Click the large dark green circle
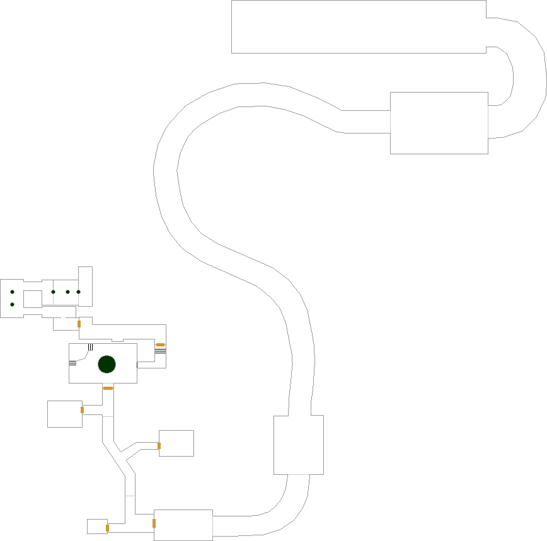(x=107, y=364)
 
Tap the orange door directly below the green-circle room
(x=108, y=388)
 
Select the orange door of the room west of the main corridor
(x=82, y=410)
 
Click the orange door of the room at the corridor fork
(x=159, y=446)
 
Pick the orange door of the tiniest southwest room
(x=107, y=528)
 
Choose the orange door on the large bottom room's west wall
(x=154, y=523)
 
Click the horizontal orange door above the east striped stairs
(x=160, y=345)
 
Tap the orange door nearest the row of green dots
(x=79, y=324)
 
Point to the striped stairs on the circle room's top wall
(x=91, y=347)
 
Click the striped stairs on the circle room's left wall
(x=72, y=363)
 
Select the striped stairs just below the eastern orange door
(x=160, y=351)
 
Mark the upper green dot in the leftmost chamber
(x=12, y=292)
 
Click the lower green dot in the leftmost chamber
(x=12, y=305)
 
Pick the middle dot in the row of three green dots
(x=67, y=292)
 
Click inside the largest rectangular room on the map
(x=358, y=26)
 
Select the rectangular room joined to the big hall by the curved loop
(x=439, y=123)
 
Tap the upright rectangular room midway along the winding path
(x=298, y=445)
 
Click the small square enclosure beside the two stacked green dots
(x=32, y=298)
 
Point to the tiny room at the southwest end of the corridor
(x=96, y=527)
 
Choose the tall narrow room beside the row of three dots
(x=85, y=287)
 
